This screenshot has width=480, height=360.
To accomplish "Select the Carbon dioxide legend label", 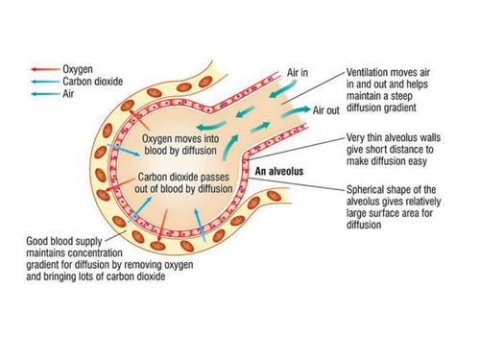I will [91, 82].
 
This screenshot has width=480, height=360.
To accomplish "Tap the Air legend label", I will [69, 94].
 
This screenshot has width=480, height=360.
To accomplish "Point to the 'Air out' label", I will [326, 110].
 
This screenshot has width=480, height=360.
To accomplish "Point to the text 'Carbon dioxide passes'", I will [183, 178].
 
